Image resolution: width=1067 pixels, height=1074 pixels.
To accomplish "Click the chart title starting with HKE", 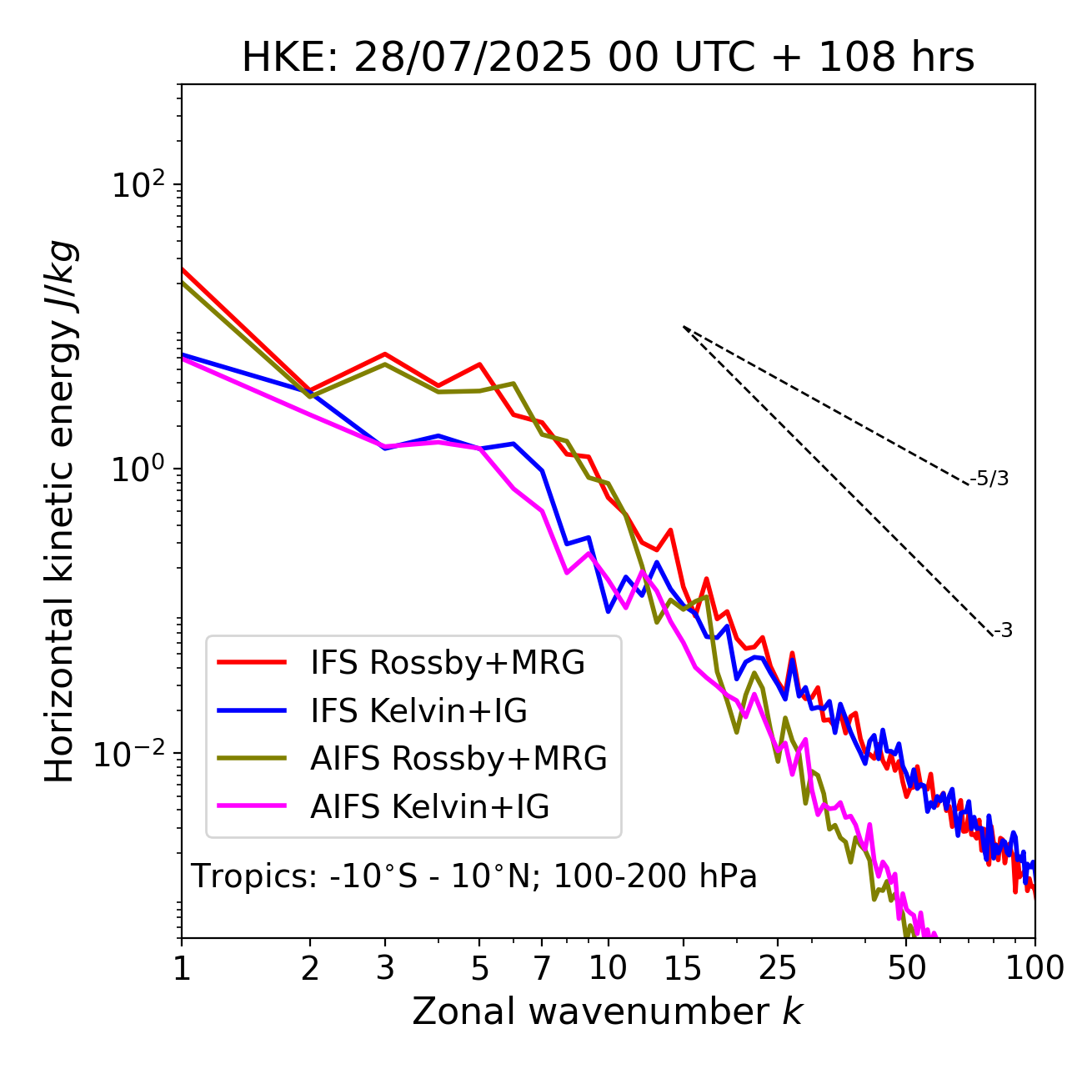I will tap(608, 58).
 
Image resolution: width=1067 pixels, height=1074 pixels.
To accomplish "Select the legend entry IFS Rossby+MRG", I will tap(447, 663).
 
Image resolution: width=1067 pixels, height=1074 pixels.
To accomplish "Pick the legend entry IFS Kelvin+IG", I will tap(418, 711).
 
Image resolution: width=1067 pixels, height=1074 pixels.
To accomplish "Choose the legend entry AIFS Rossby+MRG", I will tap(458, 759).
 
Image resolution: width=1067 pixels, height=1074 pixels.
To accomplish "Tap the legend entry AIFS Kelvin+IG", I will tap(429, 807).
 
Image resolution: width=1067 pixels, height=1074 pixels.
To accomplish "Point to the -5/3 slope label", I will tap(989, 479).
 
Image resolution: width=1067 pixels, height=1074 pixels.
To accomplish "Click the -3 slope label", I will tap(1003, 631).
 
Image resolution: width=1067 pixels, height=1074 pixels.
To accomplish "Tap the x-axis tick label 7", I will tap(542, 968).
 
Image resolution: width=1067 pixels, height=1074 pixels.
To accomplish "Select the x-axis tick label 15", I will tap(683, 968).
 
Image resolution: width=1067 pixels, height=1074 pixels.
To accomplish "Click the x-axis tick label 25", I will tap(778, 968).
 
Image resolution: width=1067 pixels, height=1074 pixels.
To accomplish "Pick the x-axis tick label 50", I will tap(906, 968).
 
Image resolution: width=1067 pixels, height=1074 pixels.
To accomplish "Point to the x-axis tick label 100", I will tap(1034, 968).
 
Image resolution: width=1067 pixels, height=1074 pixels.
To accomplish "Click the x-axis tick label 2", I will tap(310, 968).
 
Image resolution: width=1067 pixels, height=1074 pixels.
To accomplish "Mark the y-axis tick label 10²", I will tap(135, 184).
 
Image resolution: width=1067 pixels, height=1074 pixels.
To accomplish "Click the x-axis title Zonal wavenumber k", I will tap(608, 1011).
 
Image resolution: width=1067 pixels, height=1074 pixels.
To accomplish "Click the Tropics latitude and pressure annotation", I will tap(474, 877).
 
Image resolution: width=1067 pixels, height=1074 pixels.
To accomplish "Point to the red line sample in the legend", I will tap(252, 663).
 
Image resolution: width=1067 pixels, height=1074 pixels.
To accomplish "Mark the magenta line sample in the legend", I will tap(252, 807).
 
